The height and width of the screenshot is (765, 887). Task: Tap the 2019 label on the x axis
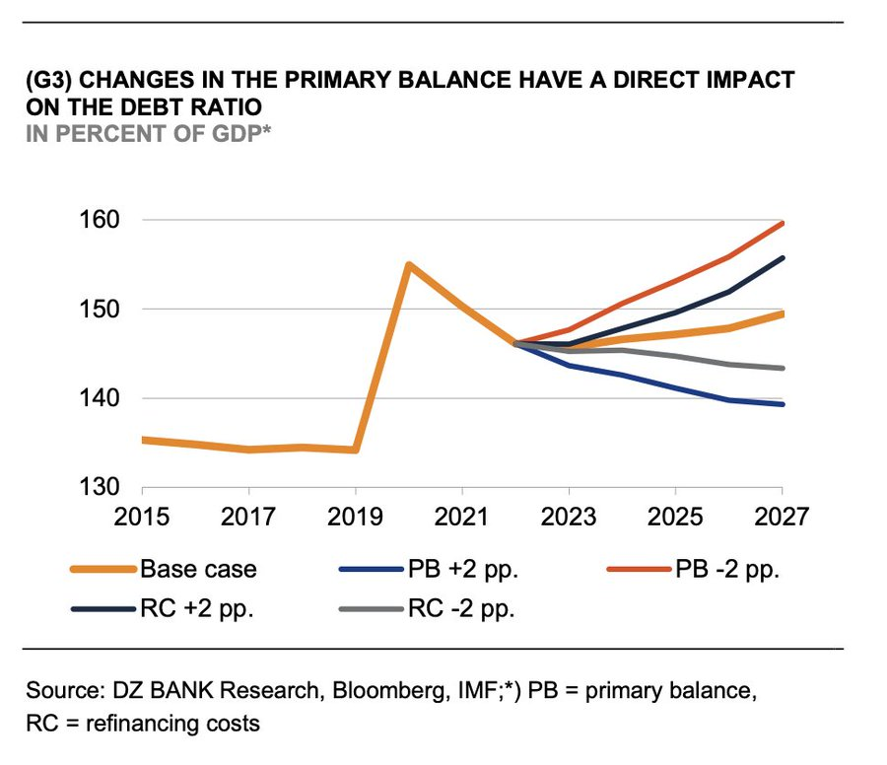pyautogui.click(x=356, y=517)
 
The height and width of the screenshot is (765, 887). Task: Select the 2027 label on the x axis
pyautogui.click(x=782, y=517)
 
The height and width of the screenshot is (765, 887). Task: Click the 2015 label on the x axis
pyautogui.click(x=143, y=517)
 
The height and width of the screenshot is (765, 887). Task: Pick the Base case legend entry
pyautogui.click(x=198, y=570)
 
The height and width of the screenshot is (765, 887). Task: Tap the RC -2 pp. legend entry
pyautogui.click(x=461, y=608)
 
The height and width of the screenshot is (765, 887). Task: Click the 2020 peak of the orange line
pyautogui.click(x=409, y=264)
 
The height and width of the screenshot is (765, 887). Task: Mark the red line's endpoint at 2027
pyautogui.click(x=782, y=223)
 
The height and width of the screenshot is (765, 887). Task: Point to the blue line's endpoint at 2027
pyautogui.click(x=782, y=404)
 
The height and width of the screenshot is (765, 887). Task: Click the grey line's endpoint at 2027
pyautogui.click(x=782, y=369)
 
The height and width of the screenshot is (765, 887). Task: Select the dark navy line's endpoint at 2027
pyautogui.click(x=782, y=258)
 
